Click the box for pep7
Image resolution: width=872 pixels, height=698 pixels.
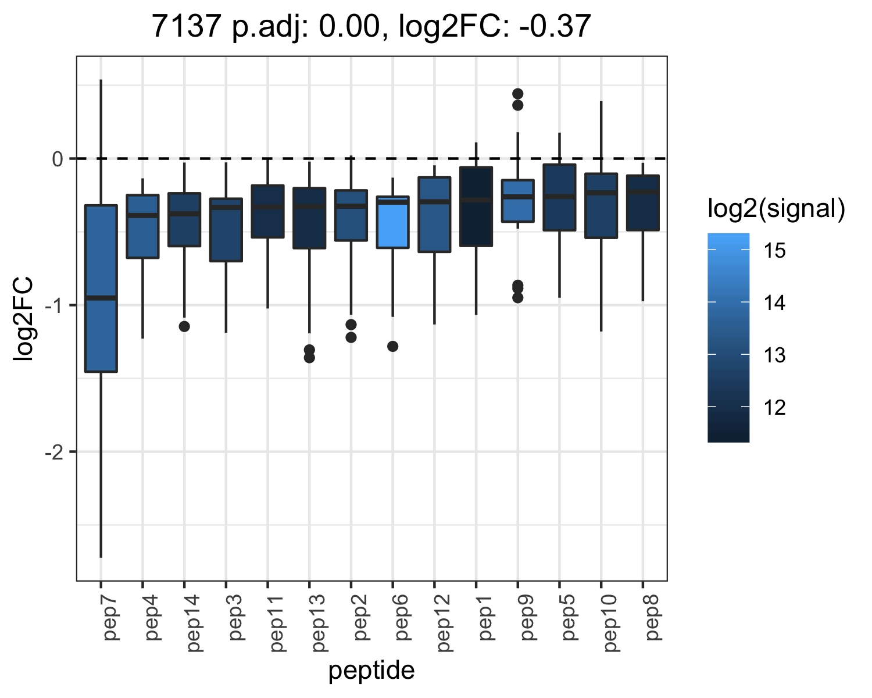point(101,289)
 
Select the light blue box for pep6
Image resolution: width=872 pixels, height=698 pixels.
point(392,222)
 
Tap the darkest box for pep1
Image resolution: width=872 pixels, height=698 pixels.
point(476,206)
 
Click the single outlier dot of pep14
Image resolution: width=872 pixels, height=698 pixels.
point(184,326)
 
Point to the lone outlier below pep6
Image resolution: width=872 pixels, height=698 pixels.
point(392,346)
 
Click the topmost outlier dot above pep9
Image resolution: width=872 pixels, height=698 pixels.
point(518,94)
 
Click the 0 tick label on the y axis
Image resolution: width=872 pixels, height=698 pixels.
point(58,159)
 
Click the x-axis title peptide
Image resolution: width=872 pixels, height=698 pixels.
point(371,671)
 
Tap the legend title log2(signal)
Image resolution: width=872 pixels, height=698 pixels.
point(777,209)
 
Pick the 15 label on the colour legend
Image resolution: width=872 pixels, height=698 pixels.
point(774,251)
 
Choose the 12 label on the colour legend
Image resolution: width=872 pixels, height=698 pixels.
point(774,407)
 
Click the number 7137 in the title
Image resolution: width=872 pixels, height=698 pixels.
point(187,26)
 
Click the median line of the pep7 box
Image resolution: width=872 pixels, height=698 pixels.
point(101,298)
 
